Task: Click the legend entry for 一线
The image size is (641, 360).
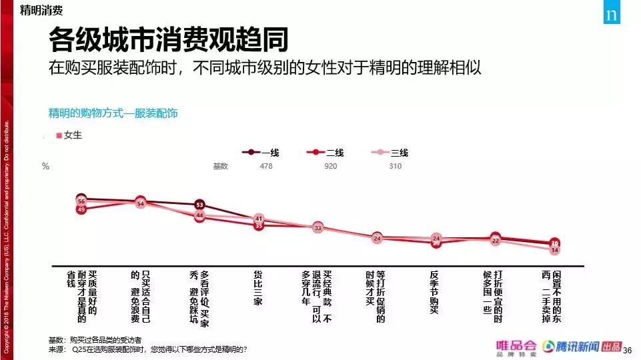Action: [260, 153]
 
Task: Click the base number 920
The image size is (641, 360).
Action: [331, 166]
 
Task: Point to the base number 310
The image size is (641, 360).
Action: [395, 166]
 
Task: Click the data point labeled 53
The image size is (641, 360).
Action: [199, 205]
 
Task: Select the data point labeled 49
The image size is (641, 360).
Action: [81, 209]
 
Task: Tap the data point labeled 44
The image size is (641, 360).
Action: [199, 215]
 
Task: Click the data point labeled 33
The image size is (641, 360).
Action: [317, 228]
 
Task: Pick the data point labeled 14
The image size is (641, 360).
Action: [554, 250]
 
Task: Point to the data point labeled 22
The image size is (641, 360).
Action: [495, 240]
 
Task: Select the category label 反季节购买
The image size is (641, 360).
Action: [434, 291]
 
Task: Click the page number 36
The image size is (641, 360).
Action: [626, 349]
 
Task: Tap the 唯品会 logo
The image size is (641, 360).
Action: [516, 347]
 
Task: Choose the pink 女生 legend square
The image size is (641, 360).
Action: [59, 135]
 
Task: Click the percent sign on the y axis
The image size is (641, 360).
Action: [45, 167]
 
